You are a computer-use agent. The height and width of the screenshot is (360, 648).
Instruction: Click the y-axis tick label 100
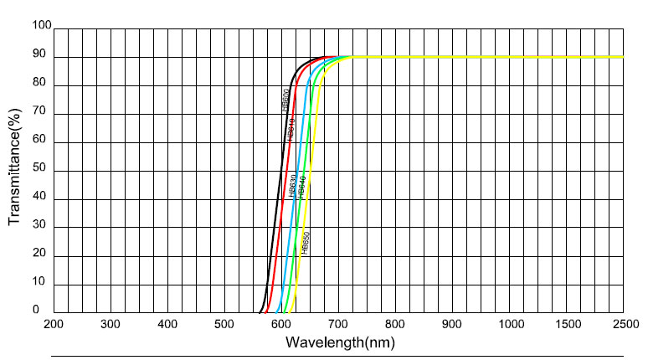[x=41, y=27]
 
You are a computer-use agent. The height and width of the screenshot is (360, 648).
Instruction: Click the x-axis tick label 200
[x=53, y=323]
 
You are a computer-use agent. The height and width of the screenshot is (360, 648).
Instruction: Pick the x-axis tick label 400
[x=167, y=323]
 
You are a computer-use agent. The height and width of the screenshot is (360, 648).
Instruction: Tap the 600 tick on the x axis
[x=280, y=323]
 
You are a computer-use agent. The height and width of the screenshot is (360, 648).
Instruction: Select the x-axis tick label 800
[x=394, y=323]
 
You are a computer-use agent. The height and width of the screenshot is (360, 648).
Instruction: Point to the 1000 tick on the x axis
[x=508, y=323]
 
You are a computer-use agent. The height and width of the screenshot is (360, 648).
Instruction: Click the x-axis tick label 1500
[x=565, y=323]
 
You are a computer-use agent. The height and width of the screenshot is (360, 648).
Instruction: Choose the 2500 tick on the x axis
[x=623, y=323]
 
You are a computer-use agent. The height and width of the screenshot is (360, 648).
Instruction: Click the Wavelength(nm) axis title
[x=339, y=342]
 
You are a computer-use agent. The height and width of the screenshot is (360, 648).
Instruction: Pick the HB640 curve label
[x=300, y=185]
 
